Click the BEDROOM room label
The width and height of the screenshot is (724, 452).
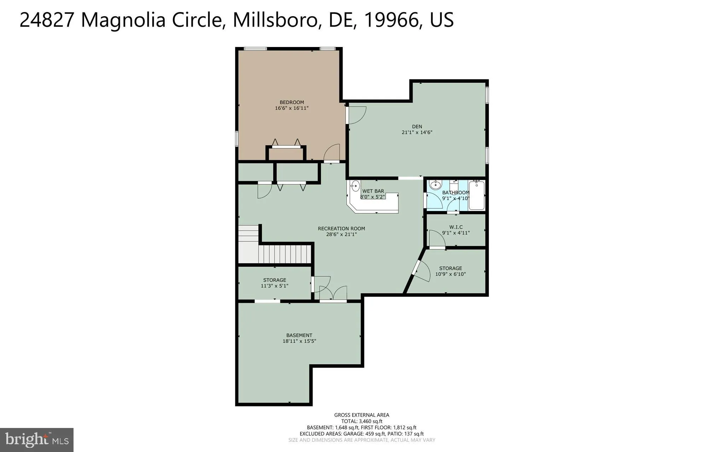pos(292,102)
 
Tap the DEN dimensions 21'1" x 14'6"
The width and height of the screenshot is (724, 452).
pos(417,133)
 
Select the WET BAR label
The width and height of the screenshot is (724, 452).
pos(373,191)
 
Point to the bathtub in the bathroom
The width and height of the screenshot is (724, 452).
pos(477,195)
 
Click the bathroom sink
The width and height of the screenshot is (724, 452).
pos(436,184)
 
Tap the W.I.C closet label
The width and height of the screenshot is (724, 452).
pos(456,227)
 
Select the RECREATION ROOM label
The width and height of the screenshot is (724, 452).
pos(341,229)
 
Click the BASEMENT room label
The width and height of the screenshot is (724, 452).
pos(299,335)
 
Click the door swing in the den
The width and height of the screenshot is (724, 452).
pos(356,115)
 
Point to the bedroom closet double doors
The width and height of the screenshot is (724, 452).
pos(286,143)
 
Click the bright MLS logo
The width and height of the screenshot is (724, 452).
pos(37,440)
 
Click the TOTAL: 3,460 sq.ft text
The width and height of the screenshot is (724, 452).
pos(361,421)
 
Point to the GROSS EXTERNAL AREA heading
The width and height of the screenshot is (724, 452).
pos(361,415)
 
